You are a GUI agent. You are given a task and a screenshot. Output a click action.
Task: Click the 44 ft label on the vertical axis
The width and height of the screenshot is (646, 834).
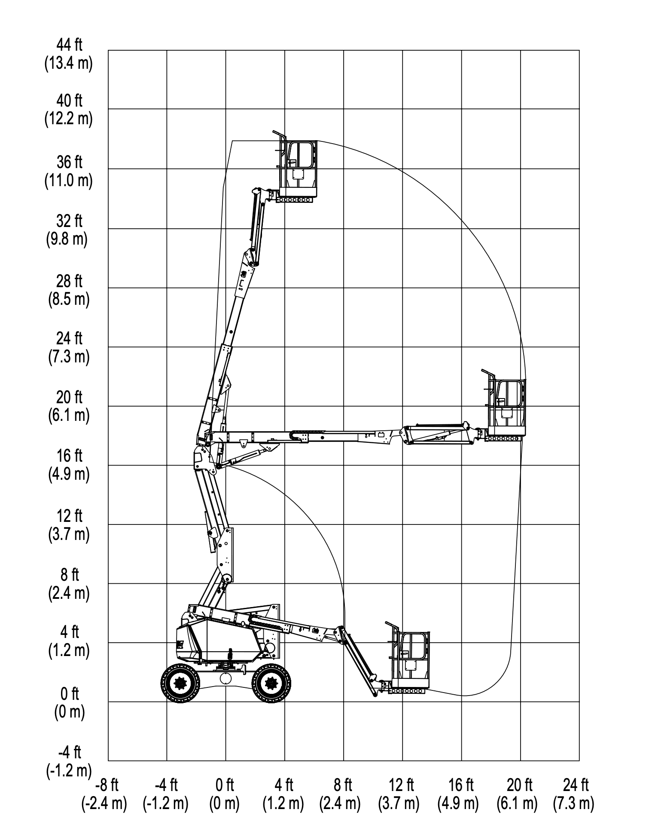69,54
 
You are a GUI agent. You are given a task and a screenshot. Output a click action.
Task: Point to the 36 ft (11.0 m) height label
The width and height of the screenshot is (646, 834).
69,172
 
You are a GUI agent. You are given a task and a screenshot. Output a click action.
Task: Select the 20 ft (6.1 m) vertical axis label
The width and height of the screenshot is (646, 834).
69,406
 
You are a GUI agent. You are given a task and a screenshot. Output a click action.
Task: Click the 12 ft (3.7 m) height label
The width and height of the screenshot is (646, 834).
69,525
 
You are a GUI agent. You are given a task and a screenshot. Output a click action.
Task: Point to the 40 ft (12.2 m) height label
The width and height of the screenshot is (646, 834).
69,110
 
